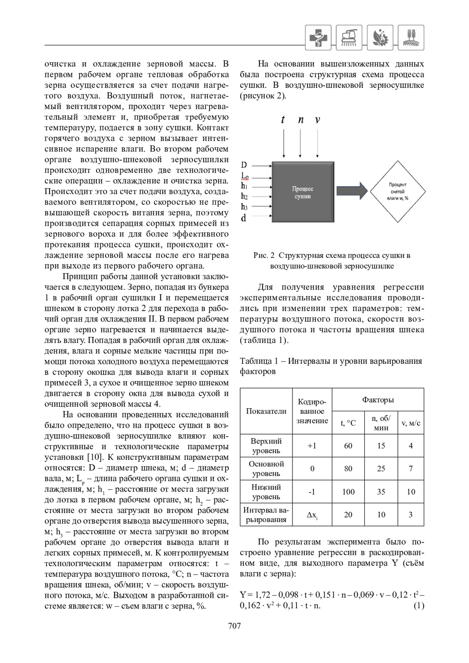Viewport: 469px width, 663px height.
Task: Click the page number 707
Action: pyautogui.click(x=234, y=626)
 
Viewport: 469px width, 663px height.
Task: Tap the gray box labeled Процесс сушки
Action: pyautogui.click(x=303, y=192)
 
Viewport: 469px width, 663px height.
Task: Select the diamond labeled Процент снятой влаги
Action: pyautogui.click(x=397, y=191)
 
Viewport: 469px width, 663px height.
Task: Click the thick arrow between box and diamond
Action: pyautogui.click(x=352, y=191)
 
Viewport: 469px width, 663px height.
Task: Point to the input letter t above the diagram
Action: pyautogui.click(x=283, y=120)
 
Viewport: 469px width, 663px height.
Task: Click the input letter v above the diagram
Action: pyautogui.click(x=317, y=120)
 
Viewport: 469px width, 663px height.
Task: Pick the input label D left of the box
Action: pyautogui.click(x=244, y=165)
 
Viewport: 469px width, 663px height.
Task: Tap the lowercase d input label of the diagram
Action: pyautogui.click(x=243, y=218)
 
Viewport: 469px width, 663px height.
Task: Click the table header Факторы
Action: pyautogui.click(x=378, y=400)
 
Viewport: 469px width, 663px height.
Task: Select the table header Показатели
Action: pyautogui.click(x=266, y=411)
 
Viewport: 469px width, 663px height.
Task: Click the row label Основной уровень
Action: pyautogui.click(x=266, y=468)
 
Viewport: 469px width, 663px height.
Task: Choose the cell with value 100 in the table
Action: pyautogui.click(x=348, y=492)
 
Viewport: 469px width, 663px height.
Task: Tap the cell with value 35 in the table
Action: pyautogui.click(x=381, y=492)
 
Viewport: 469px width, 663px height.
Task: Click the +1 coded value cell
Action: pyautogui.click(x=312, y=446)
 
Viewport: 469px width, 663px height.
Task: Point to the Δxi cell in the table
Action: pyautogui.click(x=312, y=515)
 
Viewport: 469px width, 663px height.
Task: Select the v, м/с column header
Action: pyautogui.click(x=411, y=423)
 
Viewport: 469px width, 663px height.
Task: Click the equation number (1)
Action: pyautogui.click(x=419, y=606)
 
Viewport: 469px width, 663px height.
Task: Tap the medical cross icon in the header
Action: pyautogui.click(x=318, y=38)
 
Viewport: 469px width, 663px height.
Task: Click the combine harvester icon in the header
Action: pyautogui.click(x=349, y=38)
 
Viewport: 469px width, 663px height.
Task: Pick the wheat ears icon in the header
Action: pyautogui.click(x=411, y=38)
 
